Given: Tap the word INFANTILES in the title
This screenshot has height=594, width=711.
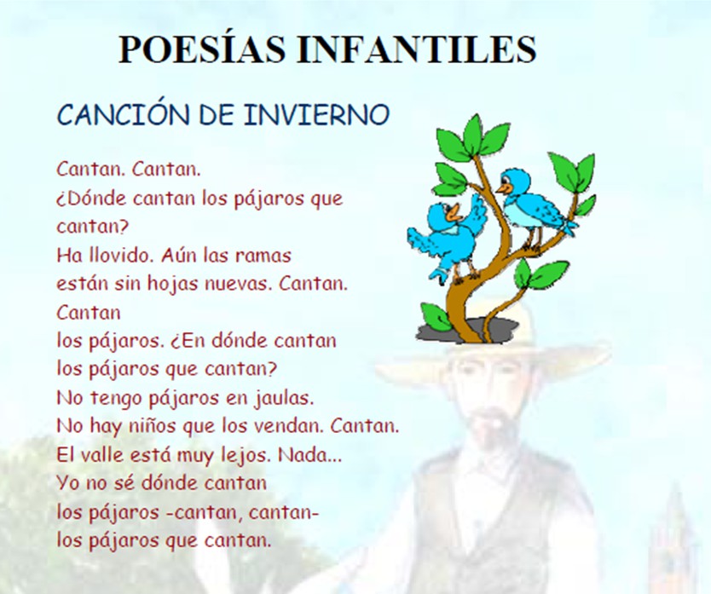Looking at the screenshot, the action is click(x=417, y=49).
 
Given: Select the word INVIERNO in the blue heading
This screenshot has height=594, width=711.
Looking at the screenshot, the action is click(x=316, y=115).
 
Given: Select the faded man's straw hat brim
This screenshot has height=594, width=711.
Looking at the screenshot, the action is click(x=492, y=360).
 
